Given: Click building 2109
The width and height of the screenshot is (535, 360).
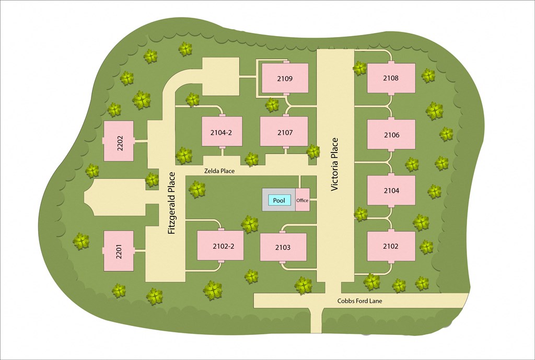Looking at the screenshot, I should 285,78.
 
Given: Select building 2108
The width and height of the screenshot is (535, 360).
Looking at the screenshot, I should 391,78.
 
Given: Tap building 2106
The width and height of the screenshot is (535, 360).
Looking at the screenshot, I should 391,135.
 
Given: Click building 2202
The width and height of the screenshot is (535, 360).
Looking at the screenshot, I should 119,141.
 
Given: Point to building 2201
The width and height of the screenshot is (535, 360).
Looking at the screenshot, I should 119,251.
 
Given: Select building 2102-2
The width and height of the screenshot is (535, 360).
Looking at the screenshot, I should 220,246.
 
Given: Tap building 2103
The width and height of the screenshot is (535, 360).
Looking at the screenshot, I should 283,247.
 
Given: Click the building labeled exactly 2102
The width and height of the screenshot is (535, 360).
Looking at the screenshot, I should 391,246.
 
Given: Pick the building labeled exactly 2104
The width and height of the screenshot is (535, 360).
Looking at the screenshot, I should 391,190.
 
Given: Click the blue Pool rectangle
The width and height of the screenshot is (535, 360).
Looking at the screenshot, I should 279,200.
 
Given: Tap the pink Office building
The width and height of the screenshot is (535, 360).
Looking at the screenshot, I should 303,200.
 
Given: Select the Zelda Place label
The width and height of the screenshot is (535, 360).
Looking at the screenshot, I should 219,171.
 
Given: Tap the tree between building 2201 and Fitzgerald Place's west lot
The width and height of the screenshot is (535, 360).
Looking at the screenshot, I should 80,241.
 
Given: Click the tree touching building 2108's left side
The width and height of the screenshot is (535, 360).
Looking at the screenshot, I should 359,68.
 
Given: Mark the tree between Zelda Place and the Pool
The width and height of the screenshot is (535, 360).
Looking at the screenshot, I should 196,189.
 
